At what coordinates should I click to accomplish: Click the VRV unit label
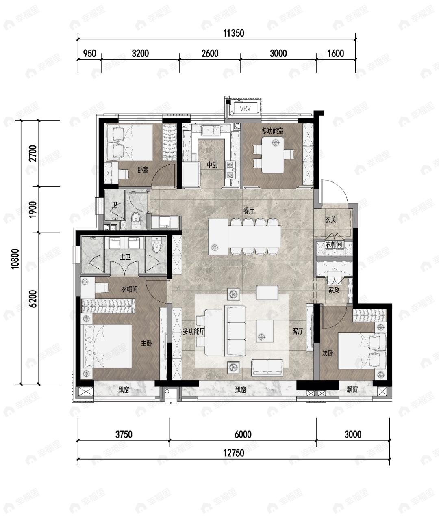coord(245,108)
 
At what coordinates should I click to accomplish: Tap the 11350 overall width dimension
coord(233,33)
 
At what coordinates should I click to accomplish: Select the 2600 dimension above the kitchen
coord(210,54)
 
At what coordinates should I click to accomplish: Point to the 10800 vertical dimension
coord(15,259)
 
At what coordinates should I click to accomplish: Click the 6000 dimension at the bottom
coord(243,435)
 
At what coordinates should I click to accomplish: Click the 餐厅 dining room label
coord(249,211)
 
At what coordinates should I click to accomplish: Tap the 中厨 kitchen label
coord(212,164)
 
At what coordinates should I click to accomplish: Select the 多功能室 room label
coord(272,131)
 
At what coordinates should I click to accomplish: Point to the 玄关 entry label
coord(330,220)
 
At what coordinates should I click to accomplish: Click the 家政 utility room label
coord(334,290)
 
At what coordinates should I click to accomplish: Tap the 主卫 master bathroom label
coord(125,257)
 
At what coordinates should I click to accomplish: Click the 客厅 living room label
coord(298,331)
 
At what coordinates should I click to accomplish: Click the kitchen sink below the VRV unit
coord(211,131)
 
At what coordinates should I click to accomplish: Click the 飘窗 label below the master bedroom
coord(124,390)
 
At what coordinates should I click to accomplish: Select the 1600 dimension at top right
coord(336,54)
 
